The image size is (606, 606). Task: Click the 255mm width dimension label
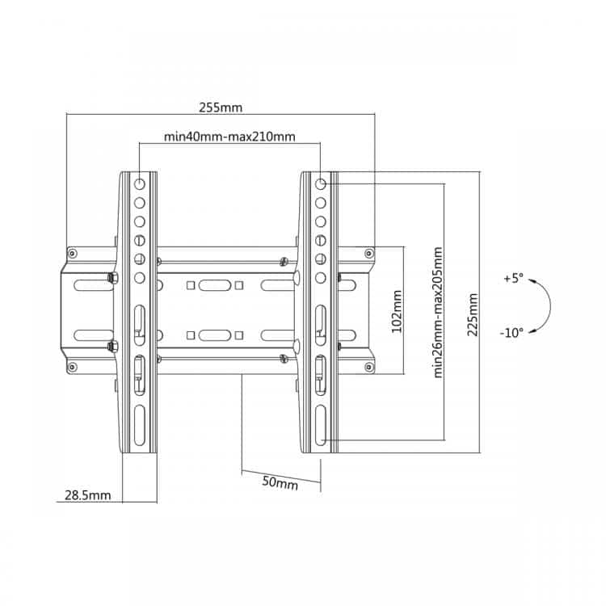[x=221, y=107]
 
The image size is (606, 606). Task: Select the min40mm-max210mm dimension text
[x=229, y=137]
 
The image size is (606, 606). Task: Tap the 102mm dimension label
[x=397, y=312]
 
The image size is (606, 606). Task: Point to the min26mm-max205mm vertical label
[x=438, y=312]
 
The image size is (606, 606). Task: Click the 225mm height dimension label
[x=473, y=314]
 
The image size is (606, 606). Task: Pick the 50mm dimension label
[x=280, y=482]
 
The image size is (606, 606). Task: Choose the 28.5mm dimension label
[x=88, y=495]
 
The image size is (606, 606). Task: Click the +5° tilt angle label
[x=513, y=278]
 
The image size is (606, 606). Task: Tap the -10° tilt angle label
[x=511, y=332]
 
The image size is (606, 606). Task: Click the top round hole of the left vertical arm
[x=140, y=183]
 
